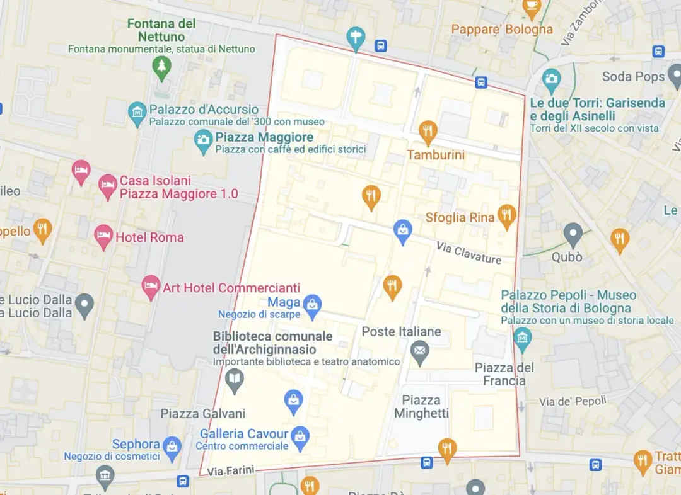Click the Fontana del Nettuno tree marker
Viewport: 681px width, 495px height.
pyautogui.click(x=162, y=67)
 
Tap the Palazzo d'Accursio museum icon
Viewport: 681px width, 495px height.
pyautogui.click(x=137, y=113)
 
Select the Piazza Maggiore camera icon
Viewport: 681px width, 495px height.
pyautogui.click(x=203, y=141)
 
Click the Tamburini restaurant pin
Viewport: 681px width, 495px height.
pyautogui.click(x=428, y=132)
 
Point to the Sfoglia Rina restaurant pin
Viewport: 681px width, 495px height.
pyautogui.click(x=507, y=216)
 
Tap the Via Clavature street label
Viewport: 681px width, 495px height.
pyautogui.click(x=469, y=254)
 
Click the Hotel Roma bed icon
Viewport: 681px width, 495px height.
pyautogui.click(x=103, y=237)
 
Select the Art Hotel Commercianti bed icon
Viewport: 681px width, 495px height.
pyautogui.click(x=151, y=287)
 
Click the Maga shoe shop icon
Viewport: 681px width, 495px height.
pyautogui.click(x=311, y=306)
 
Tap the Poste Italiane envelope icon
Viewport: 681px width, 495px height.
pyautogui.click(x=420, y=351)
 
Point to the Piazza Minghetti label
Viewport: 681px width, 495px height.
pyautogui.click(x=421, y=407)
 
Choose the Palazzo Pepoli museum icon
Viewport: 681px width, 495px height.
pyautogui.click(x=522, y=339)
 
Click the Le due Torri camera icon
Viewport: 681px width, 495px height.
pyautogui.click(x=551, y=79)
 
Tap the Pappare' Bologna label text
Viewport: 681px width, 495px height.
pyautogui.click(x=502, y=29)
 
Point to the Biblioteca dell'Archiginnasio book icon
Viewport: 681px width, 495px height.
pyautogui.click(x=235, y=380)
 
